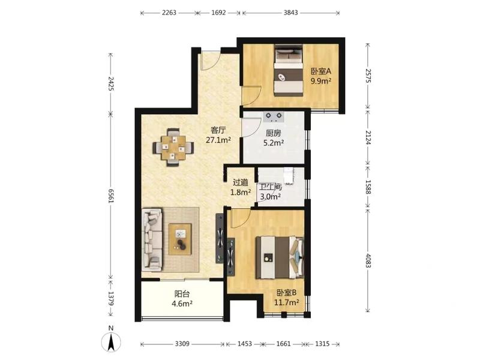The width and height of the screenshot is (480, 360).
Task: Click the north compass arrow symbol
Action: (111, 340)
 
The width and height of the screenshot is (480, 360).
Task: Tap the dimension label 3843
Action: (290, 13)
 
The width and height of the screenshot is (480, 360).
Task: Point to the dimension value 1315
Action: (322, 344)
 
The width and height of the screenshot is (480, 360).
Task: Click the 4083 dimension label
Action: (368, 260)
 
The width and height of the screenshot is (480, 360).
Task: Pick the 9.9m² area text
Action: (321, 81)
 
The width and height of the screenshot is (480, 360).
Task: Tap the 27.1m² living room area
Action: (218, 140)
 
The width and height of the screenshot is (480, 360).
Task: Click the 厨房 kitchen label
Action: (274, 133)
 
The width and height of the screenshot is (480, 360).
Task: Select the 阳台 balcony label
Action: (182, 294)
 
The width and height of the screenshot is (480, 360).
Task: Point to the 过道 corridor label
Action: (241, 183)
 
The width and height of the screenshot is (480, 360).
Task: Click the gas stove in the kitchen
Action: (274, 116)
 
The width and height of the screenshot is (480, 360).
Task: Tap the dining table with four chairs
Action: (173, 147)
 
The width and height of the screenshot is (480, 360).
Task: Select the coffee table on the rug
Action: (180, 239)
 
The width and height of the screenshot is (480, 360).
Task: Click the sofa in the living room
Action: (152, 239)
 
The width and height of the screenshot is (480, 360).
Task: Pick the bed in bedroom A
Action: (289, 70)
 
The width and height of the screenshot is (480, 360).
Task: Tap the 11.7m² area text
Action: (286, 302)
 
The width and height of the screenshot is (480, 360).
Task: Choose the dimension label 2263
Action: (169, 13)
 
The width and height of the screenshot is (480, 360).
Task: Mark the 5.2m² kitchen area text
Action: (274, 142)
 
